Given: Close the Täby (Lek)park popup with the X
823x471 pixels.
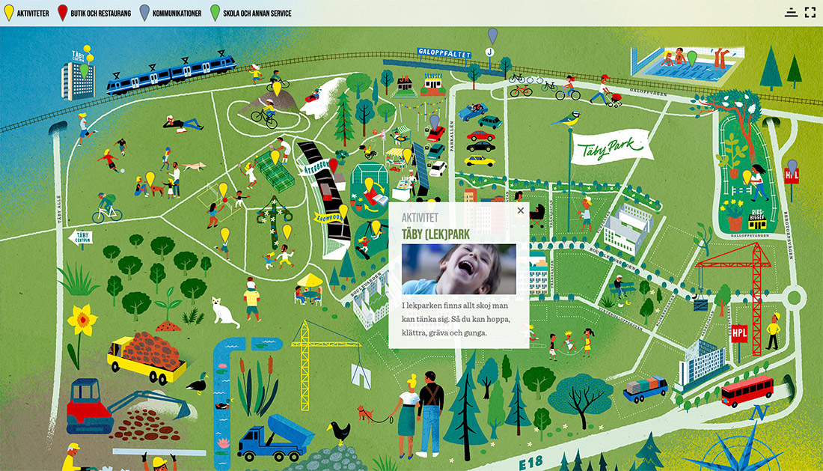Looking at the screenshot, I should click(521, 210).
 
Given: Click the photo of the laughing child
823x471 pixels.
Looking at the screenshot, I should click(459, 269).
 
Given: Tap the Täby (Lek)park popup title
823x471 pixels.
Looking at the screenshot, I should click(435, 234).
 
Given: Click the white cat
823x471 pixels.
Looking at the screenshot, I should click(223, 311).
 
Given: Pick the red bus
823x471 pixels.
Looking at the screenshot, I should click(747, 389).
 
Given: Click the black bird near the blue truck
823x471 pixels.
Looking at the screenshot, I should click(340, 431).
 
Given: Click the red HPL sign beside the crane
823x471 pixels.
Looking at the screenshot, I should click(740, 333).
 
